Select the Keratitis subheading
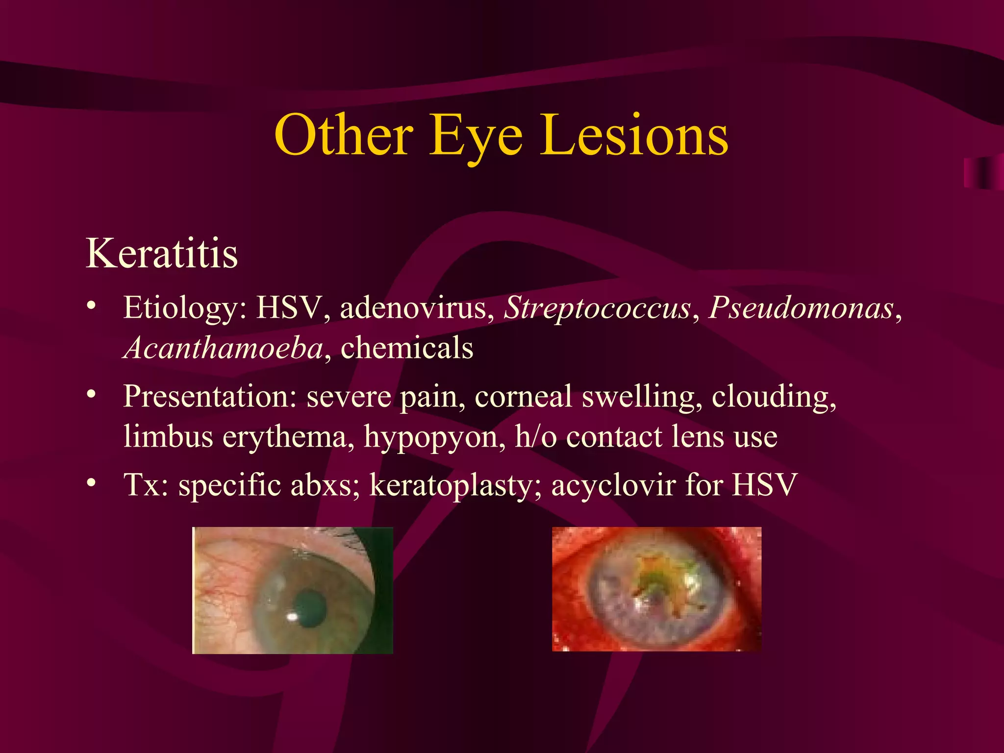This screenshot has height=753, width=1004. click(x=162, y=253)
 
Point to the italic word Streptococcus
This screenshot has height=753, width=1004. click(x=597, y=308)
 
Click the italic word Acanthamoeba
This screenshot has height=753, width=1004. click(x=223, y=348)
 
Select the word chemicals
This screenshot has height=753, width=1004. click(x=407, y=348)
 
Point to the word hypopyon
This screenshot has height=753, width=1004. click(x=434, y=436)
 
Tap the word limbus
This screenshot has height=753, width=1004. click(x=168, y=436)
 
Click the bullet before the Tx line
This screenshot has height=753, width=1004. click(x=91, y=483)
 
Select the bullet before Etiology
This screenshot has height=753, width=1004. click(x=91, y=306)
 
